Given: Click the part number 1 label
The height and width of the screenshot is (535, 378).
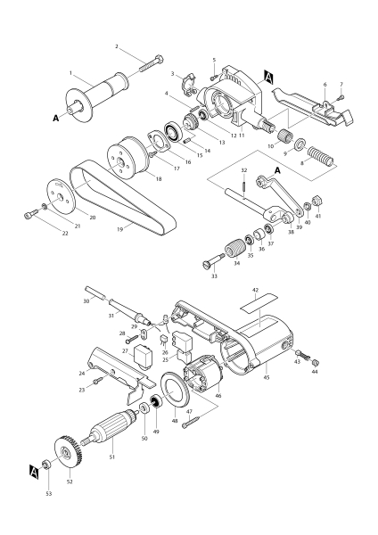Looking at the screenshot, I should pos(71,73).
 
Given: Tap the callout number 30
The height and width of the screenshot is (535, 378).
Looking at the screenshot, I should pos(86,301).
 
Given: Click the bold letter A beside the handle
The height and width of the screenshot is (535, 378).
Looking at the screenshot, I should pos(56,117).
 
